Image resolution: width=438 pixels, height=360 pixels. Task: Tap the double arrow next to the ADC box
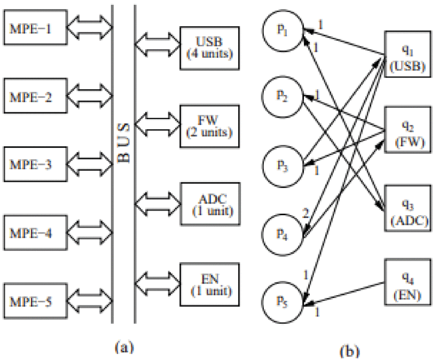tap(158, 202)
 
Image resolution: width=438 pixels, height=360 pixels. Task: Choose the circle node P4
tap(283, 233)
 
